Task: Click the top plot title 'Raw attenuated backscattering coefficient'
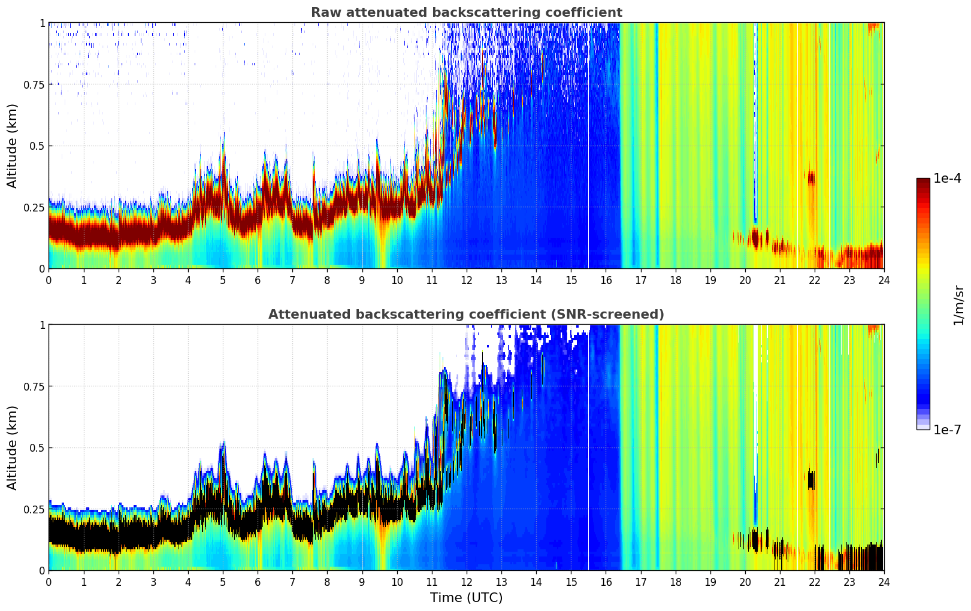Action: point(466,13)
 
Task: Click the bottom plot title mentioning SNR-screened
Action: point(466,314)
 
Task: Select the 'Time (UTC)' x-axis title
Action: point(466,598)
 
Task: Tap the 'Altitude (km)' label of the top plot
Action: point(13,146)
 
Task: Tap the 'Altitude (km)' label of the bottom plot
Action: point(13,447)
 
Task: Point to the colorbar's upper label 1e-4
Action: point(947,179)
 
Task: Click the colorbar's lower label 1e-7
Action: point(947,429)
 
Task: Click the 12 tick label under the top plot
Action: point(466,280)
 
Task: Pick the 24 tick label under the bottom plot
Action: point(884,582)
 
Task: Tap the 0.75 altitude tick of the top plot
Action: point(34,84)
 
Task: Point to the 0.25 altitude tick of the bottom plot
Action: point(34,509)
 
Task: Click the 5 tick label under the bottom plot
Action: point(223,582)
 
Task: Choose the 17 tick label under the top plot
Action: point(640,280)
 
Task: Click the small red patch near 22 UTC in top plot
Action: point(811,178)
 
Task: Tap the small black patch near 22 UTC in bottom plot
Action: point(811,480)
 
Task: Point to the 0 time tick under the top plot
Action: point(49,280)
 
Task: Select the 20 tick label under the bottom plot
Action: point(745,582)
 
